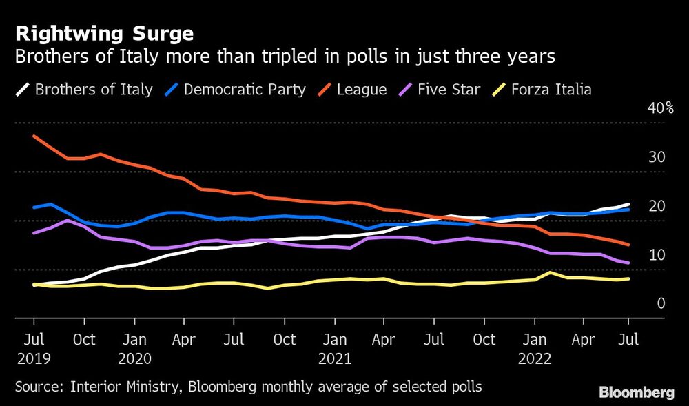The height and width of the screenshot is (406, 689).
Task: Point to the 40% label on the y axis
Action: [659, 108]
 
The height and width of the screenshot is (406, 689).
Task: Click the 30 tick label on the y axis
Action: [657, 157]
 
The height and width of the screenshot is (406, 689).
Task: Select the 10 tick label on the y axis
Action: [657, 255]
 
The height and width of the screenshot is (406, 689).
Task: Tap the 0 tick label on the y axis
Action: [660, 304]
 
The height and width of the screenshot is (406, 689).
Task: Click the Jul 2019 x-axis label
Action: [34, 349]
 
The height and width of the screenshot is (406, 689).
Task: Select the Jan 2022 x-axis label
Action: [534, 349]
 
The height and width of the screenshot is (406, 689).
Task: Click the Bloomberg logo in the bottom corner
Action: [636, 393]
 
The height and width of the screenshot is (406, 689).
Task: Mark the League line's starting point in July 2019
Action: [34, 136]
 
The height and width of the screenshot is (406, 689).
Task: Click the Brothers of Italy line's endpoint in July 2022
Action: [628, 204]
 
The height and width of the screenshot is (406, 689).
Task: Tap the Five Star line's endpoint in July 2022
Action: [628, 263]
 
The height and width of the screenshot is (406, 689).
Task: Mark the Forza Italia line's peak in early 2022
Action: [548, 272]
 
